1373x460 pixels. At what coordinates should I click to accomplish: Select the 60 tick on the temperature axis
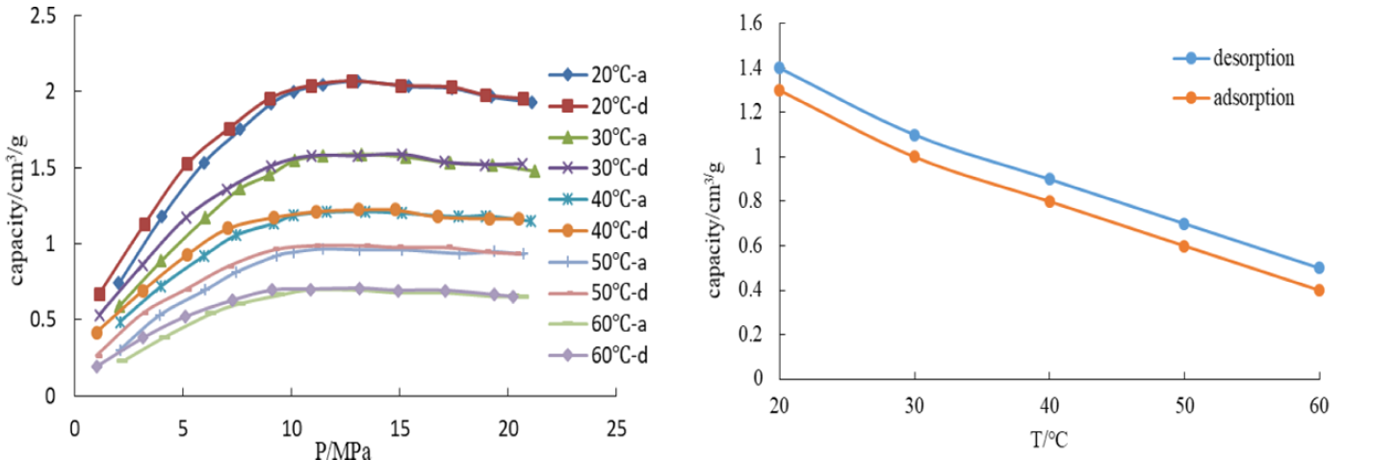[x=1318, y=406]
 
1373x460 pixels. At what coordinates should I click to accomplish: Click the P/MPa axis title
[x=344, y=449]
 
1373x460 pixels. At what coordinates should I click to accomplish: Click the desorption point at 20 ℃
[x=779, y=68]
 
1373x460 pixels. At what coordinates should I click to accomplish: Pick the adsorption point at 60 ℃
[x=1318, y=290]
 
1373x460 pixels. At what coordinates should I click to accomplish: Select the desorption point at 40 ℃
[x=1049, y=179]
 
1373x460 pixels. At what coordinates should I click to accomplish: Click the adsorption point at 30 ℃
[x=914, y=157]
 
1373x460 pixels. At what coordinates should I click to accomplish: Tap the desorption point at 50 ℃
[x=1183, y=224]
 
